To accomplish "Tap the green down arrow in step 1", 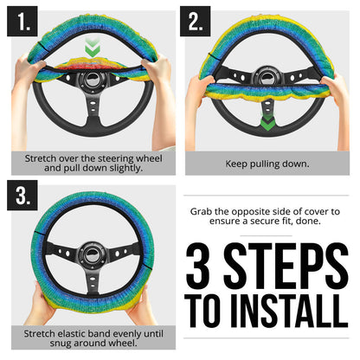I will click(x=90, y=44).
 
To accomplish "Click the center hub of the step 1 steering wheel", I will click(x=90, y=80).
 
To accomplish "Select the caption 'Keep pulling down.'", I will click(x=267, y=162).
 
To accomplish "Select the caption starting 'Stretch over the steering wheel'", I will click(x=90, y=162).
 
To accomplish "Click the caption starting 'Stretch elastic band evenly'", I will click(x=90, y=337).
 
